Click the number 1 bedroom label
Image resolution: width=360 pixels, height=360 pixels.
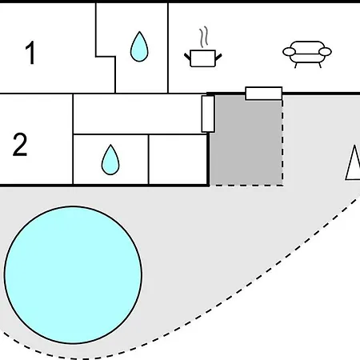30,53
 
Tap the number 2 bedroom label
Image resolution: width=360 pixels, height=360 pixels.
20,144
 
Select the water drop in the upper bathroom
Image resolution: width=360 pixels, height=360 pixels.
139,46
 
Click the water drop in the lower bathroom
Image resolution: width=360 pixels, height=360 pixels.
110,160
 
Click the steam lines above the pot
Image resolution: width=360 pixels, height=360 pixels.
204,37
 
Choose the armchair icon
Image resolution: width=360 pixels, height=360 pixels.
307,54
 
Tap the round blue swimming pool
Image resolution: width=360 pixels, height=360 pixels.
73,275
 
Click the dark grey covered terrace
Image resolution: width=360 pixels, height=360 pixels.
246,142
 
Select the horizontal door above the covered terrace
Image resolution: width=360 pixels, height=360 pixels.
264,94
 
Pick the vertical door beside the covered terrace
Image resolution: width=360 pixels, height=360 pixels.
208,114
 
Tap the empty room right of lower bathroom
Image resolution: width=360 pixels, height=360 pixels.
178,159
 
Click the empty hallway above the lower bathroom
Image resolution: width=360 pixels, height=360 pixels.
138,114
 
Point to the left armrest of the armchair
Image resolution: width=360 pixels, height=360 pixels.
289,52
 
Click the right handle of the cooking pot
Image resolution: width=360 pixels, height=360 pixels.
218,57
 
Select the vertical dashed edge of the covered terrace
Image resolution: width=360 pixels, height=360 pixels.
282,142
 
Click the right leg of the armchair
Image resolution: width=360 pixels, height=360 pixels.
320,65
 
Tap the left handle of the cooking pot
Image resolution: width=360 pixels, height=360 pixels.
187,57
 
